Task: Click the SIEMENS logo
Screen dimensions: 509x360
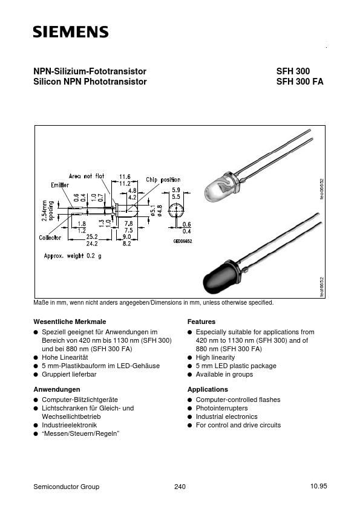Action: tap(70, 32)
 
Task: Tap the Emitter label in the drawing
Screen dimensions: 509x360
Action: tap(60, 184)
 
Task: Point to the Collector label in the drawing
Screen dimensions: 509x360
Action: tap(50, 238)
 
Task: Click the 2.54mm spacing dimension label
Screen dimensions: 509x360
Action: tap(47, 211)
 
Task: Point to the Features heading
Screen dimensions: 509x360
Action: tap(201, 322)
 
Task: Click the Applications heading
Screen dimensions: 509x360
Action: tap(208, 389)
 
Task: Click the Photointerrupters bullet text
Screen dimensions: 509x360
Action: tap(221, 408)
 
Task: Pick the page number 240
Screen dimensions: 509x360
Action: tap(180, 487)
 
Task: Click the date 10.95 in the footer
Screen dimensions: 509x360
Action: tap(318, 486)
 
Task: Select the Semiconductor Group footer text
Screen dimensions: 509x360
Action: tap(66, 487)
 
